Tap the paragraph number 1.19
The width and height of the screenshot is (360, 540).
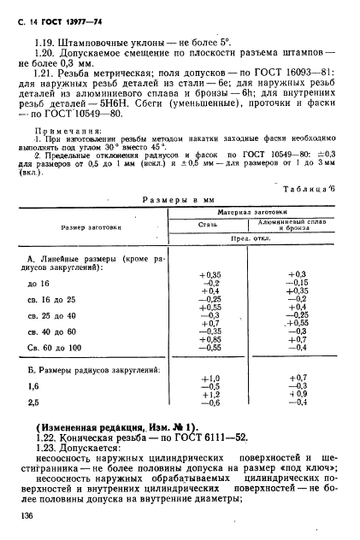pos(48,40)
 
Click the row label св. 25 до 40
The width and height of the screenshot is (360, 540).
pos(51,315)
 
